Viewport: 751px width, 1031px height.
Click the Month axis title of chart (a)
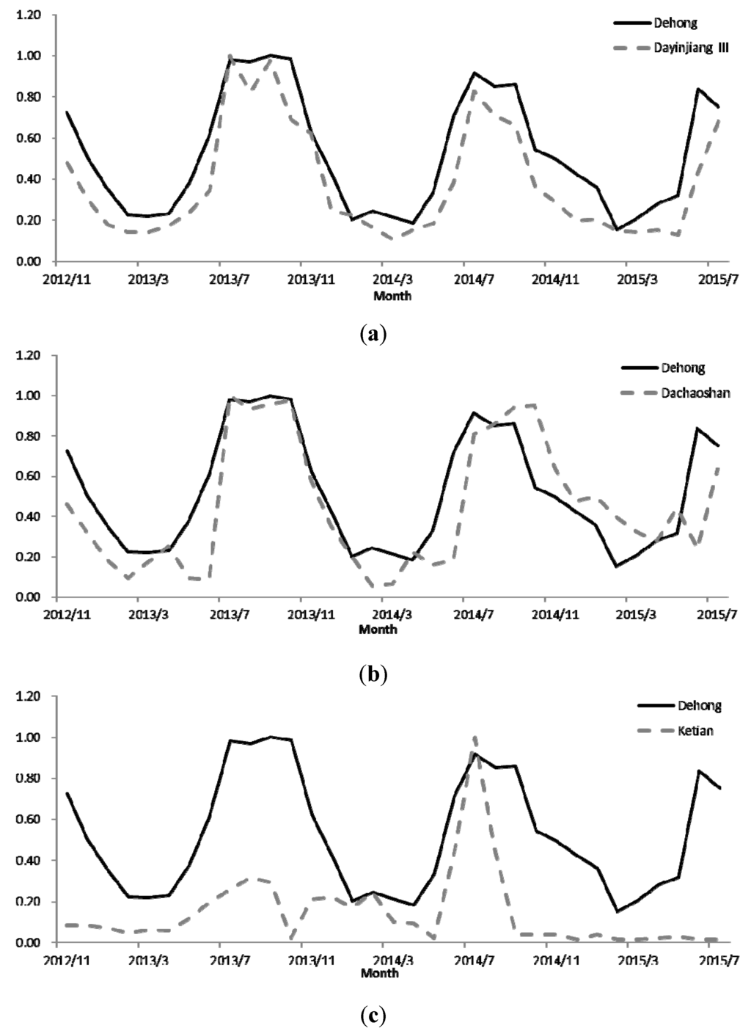392,296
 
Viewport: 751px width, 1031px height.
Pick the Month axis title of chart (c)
380,973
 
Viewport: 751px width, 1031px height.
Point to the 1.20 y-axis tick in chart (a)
29,15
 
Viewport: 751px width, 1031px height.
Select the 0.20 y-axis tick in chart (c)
29,902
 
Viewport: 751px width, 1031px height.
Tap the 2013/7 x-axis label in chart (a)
230,279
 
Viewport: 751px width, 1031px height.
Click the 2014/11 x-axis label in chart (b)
546,613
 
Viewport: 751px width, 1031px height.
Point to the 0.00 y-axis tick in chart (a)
29,261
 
